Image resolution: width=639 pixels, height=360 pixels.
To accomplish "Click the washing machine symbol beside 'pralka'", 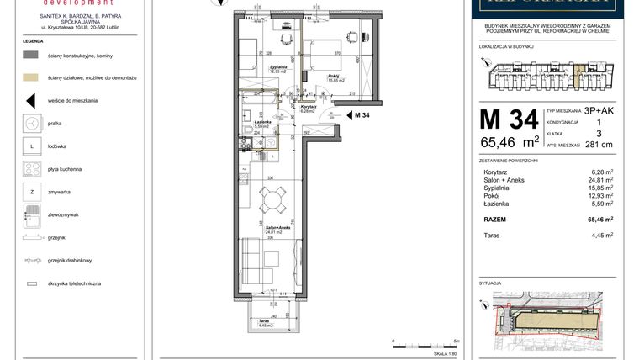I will [31, 123].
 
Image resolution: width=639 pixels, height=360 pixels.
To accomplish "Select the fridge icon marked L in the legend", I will [31, 146].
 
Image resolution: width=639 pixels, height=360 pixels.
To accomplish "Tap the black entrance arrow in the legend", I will [31, 100].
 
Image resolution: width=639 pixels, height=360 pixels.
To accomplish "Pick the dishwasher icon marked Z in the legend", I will [31, 193].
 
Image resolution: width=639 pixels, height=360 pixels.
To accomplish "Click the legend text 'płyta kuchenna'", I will [66, 169].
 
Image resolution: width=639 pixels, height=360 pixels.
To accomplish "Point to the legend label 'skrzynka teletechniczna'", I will [75, 284].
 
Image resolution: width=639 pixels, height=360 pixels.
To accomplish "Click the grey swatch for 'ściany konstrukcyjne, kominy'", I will [31, 54].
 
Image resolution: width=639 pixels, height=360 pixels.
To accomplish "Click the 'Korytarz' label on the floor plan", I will [308, 107].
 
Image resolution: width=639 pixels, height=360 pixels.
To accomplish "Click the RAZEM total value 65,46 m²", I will [599, 218].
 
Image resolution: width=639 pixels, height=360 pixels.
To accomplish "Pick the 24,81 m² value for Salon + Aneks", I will [601, 179].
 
